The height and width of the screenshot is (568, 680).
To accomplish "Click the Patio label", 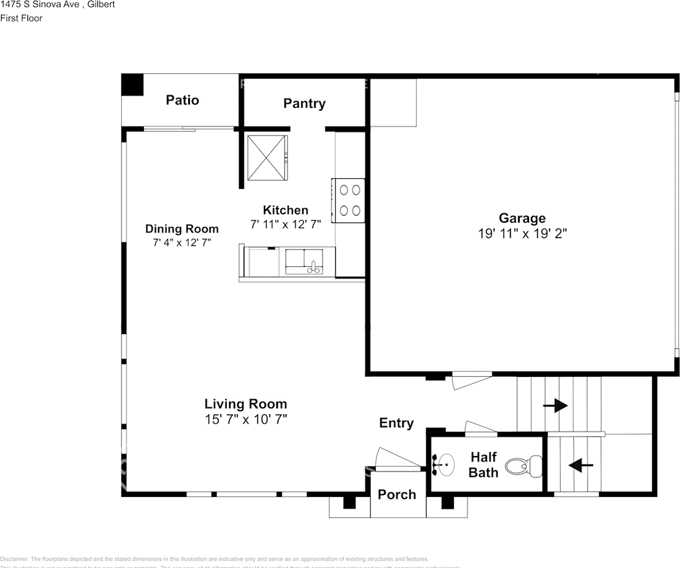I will click(x=182, y=100).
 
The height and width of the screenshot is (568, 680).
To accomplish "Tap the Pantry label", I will click(x=304, y=104).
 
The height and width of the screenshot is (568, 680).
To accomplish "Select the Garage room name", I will click(x=522, y=218).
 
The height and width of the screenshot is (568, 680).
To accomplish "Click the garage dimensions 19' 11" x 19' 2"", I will click(x=522, y=234).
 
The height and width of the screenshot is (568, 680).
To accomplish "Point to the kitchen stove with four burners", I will click(x=348, y=201).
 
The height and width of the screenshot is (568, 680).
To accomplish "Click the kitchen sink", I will click(x=304, y=262).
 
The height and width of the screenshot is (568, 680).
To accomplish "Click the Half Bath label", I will click(x=484, y=464).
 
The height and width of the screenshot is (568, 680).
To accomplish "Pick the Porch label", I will click(x=397, y=495).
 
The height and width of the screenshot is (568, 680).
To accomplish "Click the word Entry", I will click(x=397, y=423).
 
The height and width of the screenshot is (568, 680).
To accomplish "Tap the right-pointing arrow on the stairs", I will click(x=555, y=406).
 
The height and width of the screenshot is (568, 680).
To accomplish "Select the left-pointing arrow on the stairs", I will click(x=581, y=466).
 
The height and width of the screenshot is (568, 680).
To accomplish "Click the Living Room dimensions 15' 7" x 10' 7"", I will click(x=246, y=419).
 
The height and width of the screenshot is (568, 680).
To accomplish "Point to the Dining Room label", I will click(x=182, y=229).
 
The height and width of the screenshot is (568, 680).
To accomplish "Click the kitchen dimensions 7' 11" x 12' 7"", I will click(x=285, y=225).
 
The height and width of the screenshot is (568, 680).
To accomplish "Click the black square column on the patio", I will click(x=133, y=85).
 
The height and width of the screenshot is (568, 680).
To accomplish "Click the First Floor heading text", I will click(x=21, y=18).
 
